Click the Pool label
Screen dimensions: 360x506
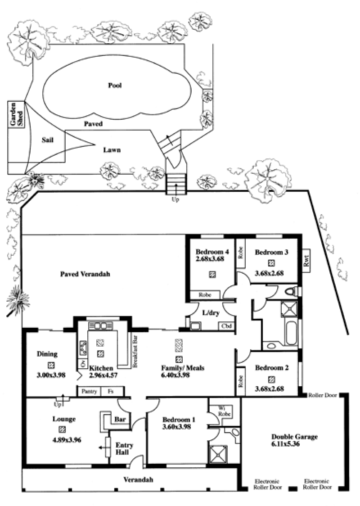tap(115, 85)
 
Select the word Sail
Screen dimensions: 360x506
tap(47, 140)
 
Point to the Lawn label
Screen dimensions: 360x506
tap(112, 150)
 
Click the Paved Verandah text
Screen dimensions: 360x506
tap(85, 274)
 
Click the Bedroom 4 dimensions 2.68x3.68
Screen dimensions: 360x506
tap(210, 259)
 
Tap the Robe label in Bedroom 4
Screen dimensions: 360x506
tap(205, 294)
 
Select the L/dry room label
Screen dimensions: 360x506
tap(211, 312)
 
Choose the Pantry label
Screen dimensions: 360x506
tap(89, 391)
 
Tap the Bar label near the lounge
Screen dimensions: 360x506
tap(120, 419)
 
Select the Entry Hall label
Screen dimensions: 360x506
tap(124, 448)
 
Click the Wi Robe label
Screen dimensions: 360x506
tap(225, 411)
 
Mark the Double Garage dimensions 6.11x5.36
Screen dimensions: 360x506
tap(285, 444)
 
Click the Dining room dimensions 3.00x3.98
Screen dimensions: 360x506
tap(51, 375)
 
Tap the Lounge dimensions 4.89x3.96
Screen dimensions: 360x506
tap(67, 439)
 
